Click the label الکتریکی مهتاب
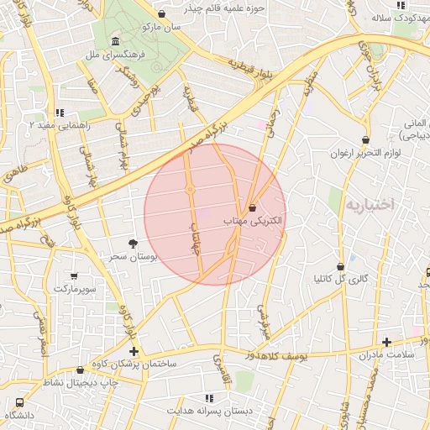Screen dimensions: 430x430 coord(252,220)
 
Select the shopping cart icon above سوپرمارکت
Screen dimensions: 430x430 coord(75,275)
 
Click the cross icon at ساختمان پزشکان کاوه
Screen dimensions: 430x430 coord(134,351)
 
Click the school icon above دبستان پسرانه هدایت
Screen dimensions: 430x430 coord(207,398)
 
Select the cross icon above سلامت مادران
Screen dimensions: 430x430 coord(386,342)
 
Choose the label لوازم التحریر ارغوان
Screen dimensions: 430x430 coord(363,154)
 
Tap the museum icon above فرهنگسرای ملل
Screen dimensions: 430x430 coord(114,42)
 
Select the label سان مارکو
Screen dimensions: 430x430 coord(160,27)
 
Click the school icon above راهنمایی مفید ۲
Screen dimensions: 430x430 coord(59,112)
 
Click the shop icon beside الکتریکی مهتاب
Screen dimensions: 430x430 coord(253,207)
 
